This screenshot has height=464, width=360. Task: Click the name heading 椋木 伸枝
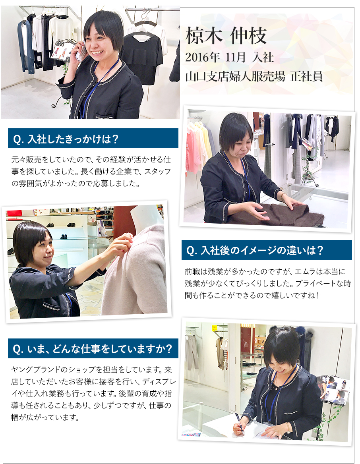pos(226,36)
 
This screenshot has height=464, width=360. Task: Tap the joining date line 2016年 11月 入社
pos(229,57)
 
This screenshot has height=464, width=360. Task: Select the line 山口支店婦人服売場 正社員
pos(254,76)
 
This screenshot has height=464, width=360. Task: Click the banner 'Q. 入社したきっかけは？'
pos(93,138)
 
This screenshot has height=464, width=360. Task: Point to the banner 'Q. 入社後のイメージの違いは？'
pos(267,250)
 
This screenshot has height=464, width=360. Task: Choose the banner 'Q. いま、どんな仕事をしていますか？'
pos(93,348)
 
